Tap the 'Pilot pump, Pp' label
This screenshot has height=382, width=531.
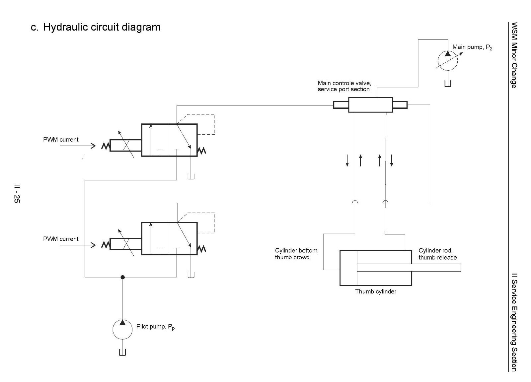[156, 327]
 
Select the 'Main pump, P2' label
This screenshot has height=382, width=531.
[472, 47]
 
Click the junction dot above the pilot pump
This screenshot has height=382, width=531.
[122, 277]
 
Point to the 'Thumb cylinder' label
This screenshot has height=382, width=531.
[375, 291]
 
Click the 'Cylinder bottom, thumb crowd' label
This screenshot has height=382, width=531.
[297, 254]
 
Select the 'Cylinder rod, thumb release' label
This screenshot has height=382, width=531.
[438, 254]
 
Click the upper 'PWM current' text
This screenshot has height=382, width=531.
[61, 140]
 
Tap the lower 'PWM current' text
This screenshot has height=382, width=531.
[61, 239]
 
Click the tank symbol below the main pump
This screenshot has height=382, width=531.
[448, 84]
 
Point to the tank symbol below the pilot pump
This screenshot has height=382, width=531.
[122, 352]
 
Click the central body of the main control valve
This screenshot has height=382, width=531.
[370, 105]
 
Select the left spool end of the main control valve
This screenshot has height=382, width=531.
[341, 105]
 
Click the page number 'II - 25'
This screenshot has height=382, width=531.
[17, 193]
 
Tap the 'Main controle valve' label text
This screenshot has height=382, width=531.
[344, 83]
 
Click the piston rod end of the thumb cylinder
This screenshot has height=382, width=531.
[461, 268]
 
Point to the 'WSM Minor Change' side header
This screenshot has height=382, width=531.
[514, 55]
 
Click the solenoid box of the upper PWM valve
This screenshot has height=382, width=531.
[126, 145]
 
